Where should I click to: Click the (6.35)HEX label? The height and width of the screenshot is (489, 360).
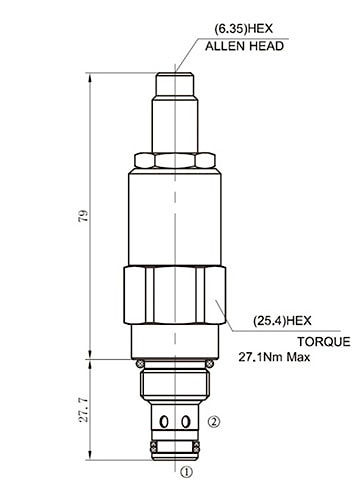[x=243, y=29]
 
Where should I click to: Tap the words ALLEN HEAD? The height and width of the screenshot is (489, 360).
[x=244, y=46]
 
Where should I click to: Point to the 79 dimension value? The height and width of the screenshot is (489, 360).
[x=83, y=216]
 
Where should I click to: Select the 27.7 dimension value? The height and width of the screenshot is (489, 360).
[x=83, y=410]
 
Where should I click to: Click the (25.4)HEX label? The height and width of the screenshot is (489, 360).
[x=282, y=321]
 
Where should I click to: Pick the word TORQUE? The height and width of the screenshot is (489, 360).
[x=324, y=342]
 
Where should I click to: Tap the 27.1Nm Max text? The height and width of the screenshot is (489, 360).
[x=274, y=357]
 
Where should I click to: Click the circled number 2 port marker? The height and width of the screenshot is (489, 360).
[x=214, y=422]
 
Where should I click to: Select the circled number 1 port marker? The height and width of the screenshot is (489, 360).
[x=186, y=472]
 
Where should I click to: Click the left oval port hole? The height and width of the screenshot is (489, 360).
[x=164, y=422]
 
